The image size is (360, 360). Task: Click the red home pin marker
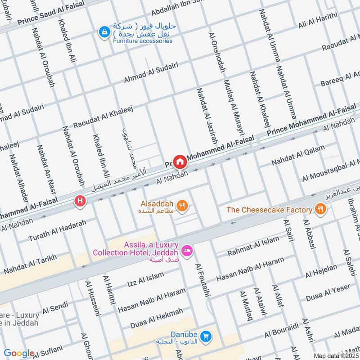[180, 161]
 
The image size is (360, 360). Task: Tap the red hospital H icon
[80, 201]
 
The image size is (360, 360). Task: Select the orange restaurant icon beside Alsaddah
[182, 206]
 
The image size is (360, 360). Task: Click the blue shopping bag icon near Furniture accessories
[104, 32]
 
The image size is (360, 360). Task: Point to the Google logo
[19, 354]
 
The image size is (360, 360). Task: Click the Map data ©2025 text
[336, 355]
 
